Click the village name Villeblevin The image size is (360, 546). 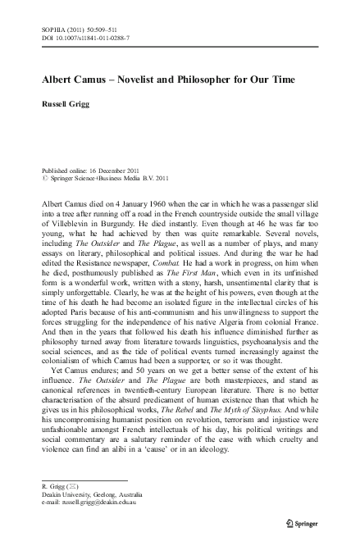tap(72, 221)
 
